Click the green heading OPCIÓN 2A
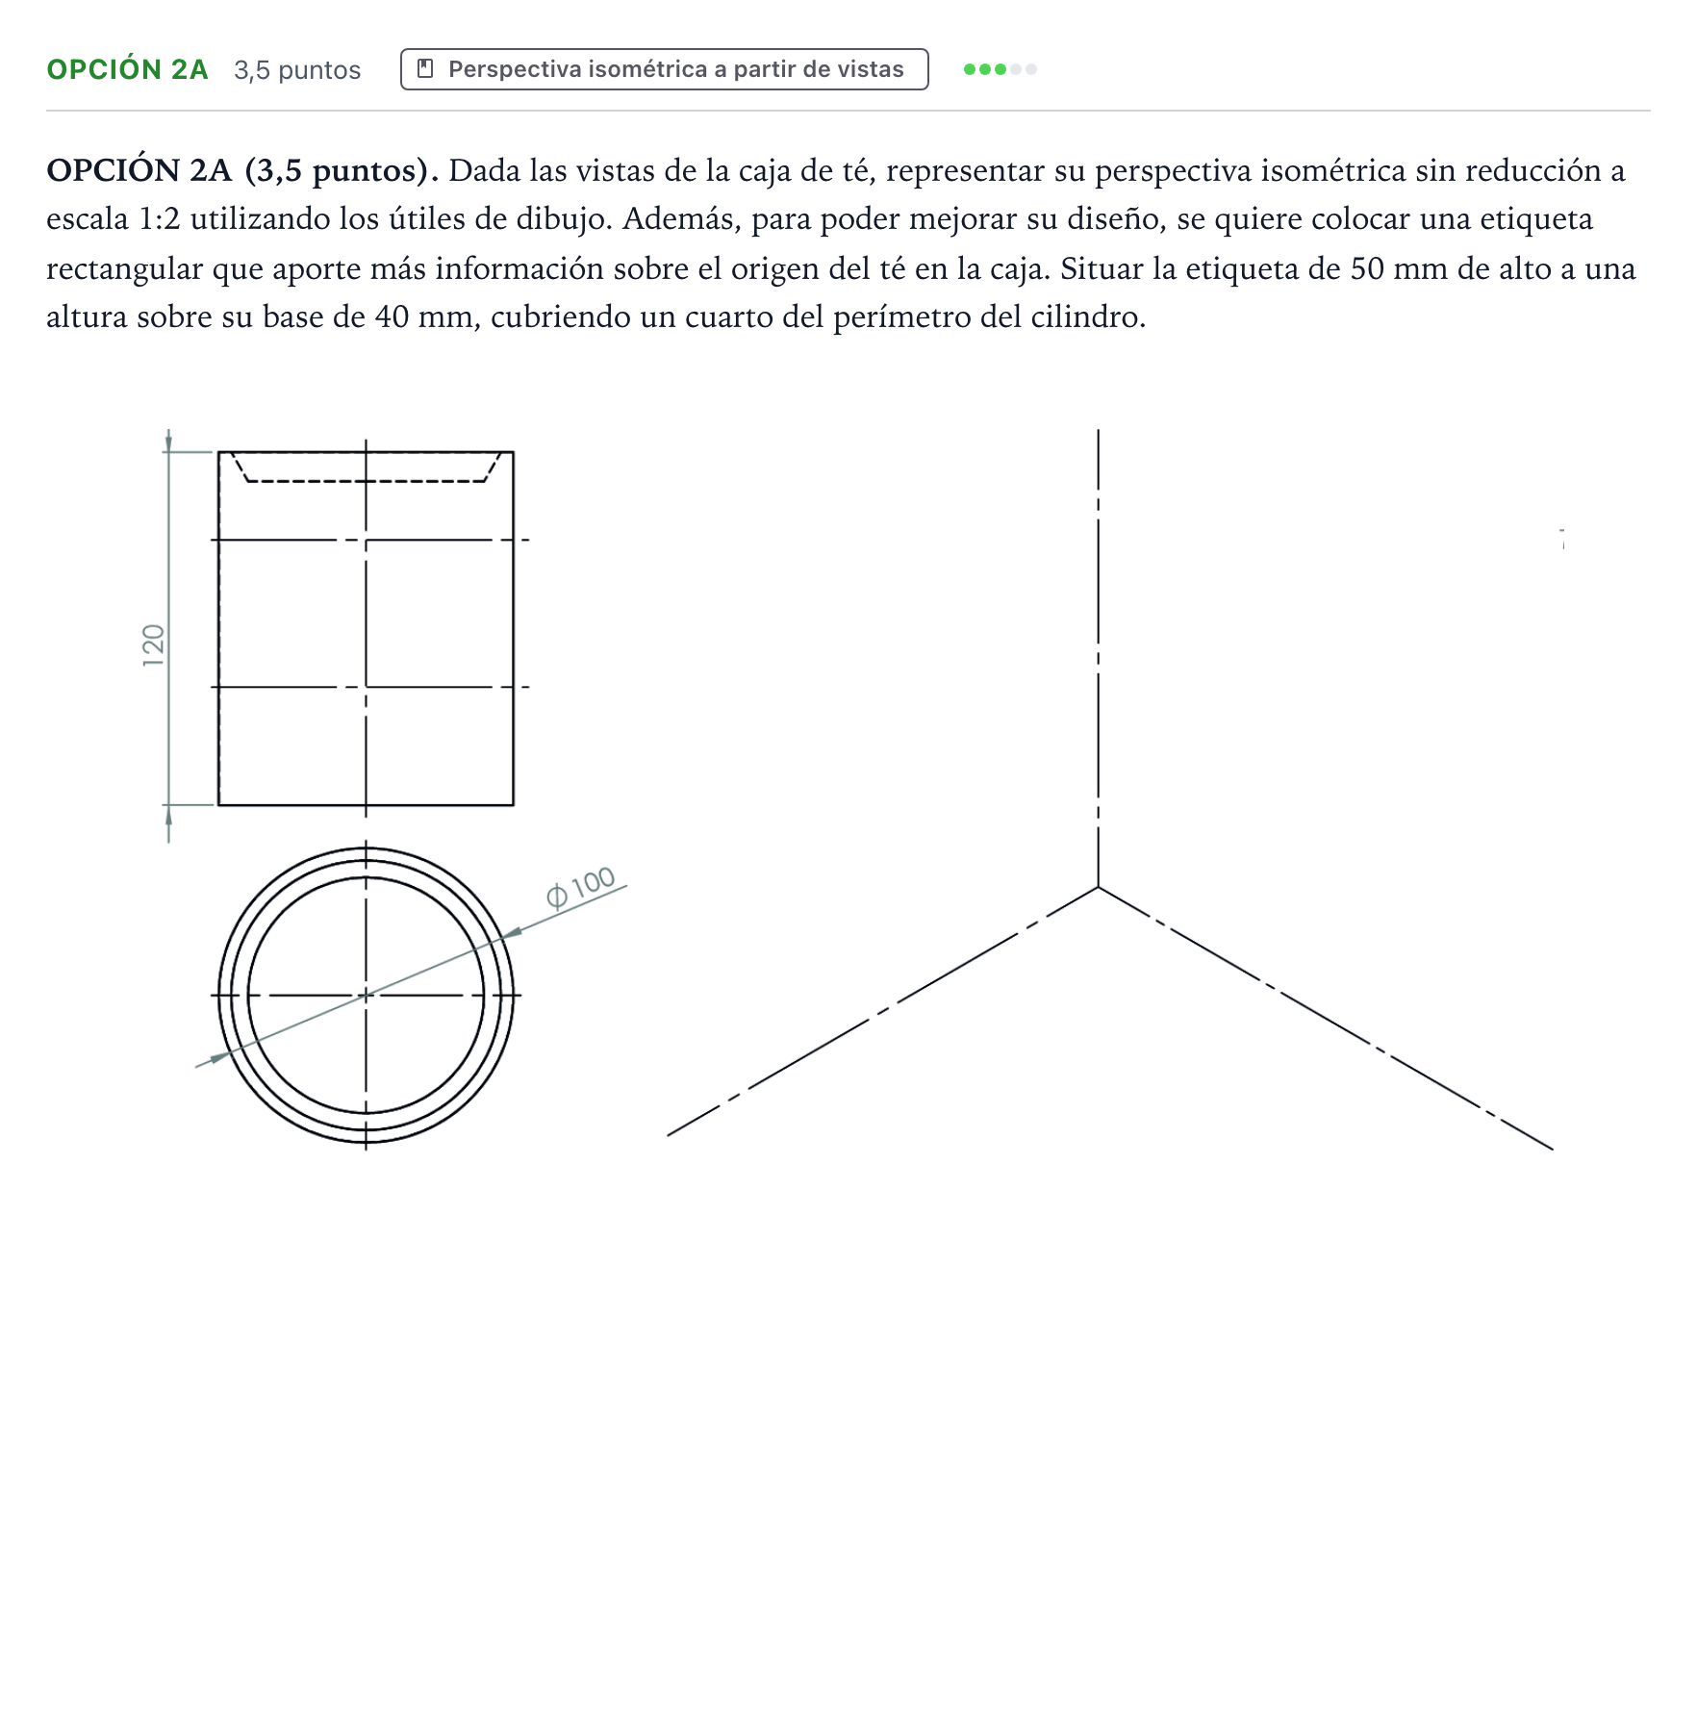tap(127, 69)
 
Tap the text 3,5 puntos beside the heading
tap(297, 70)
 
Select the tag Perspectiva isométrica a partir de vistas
tap(664, 69)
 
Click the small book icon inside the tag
tap(425, 69)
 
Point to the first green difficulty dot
tap(970, 69)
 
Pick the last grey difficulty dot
tap(1031, 69)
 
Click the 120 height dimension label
tap(154, 645)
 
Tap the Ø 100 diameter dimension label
tap(580, 888)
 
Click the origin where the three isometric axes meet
tap(1098, 887)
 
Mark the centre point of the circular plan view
tap(366, 995)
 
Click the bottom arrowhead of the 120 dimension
tap(168, 815)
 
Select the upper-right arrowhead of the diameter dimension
tap(512, 932)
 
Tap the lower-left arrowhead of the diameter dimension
tap(220, 1056)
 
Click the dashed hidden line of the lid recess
tap(366, 480)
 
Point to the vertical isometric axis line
tap(1098, 658)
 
